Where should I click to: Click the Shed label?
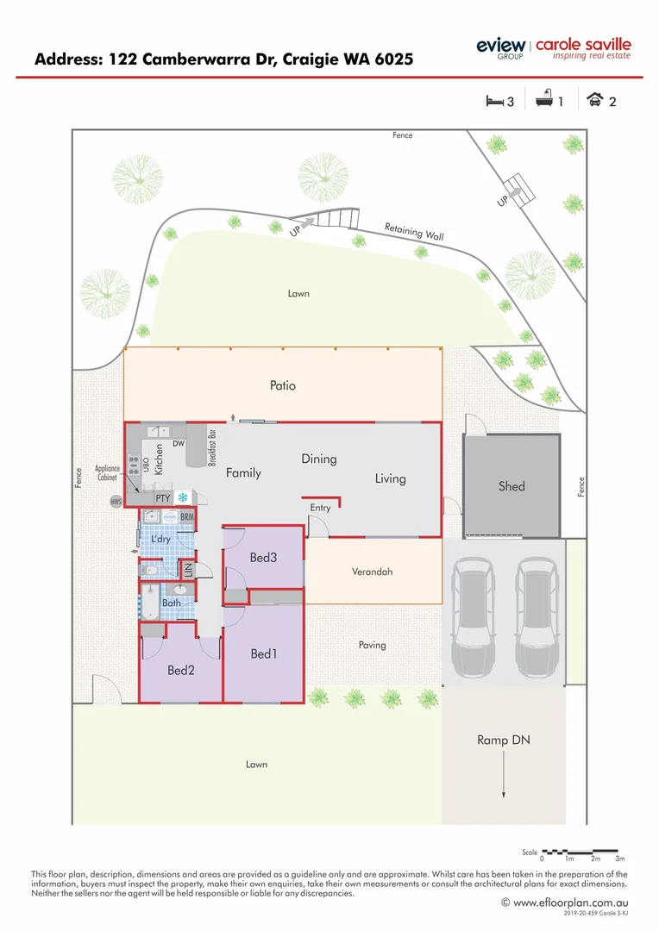point(512,486)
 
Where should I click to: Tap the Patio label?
point(283,385)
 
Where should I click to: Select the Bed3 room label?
point(263,558)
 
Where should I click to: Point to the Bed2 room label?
point(181,669)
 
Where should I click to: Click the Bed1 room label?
point(264,654)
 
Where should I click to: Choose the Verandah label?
point(373,572)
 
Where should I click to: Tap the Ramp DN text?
point(503,740)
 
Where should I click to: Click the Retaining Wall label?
point(414,231)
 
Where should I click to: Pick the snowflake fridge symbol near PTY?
point(183,497)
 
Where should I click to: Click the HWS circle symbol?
point(116,501)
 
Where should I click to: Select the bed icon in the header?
point(494,101)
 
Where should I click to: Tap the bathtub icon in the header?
point(544,101)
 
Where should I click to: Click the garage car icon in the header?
point(594,101)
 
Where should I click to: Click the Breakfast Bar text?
point(211,447)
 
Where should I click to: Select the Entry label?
point(320,508)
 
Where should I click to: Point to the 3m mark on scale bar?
point(619,859)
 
